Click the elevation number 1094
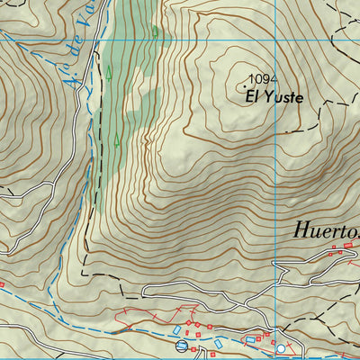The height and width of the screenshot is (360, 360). coord(261,79)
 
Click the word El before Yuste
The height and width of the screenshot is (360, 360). coord(253,95)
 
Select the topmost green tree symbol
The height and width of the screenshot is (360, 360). coord(156,32)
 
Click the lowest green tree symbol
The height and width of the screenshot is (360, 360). coord(116,139)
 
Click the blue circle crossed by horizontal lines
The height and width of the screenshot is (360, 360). coord(183,346)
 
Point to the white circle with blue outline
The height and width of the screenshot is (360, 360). coord(280,348)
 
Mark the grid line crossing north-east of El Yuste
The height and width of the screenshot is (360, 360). coord(275,41)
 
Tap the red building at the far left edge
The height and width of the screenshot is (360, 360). coord(2,285)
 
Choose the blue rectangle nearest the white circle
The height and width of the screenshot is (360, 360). coord(250,340)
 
